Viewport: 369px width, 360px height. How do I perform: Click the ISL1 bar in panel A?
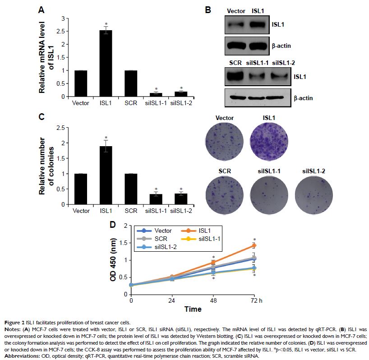coord(106,63)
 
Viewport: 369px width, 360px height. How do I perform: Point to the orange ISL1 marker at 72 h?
coord(254,245)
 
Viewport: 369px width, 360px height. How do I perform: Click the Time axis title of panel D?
coord(192,309)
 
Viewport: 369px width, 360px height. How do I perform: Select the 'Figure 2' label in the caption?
coord(15,323)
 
